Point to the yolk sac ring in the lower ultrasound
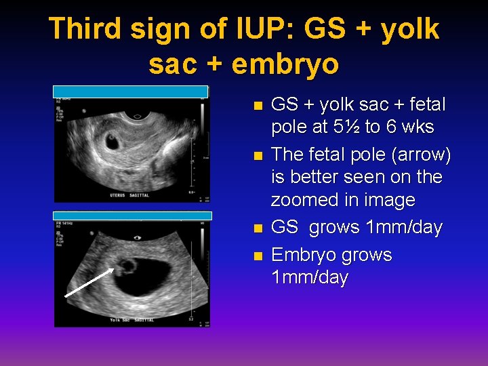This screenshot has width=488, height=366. pos(126,265)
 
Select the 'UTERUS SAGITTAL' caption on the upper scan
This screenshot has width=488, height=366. pos(96,195)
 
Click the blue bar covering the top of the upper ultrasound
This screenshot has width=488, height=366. pos(131,91)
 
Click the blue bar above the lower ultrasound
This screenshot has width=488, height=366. pos(133,216)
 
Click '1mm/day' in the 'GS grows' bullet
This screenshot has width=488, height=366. pos(403,228)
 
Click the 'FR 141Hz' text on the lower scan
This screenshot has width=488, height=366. pos(64,222)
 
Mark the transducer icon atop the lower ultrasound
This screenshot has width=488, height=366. pos(138,237)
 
